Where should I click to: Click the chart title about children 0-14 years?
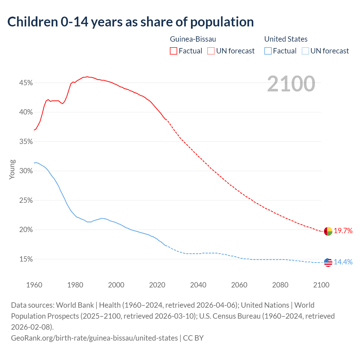[x=130, y=22]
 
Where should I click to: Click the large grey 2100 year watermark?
[x=291, y=84]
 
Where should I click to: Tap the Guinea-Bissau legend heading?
[x=193, y=39]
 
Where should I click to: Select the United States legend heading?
[x=286, y=39]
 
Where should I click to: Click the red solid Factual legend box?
[x=174, y=51]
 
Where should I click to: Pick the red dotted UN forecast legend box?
[x=211, y=51]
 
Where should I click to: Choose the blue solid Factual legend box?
[x=268, y=51]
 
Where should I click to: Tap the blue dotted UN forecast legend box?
[x=305, y=51]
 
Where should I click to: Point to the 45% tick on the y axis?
[x=26, y=83]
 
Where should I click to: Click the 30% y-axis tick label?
[x=26, y=171]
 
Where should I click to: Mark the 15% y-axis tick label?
[x=26, y=259]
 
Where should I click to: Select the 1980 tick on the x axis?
[x=75, y=285]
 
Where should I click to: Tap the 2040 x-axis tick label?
[x=198, y=285]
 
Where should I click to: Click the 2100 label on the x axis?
[x=321, y=285]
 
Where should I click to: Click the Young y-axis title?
[x=12, y=169]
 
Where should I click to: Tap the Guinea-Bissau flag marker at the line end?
[x=328, y=231]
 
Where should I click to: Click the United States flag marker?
[x=328, y=262]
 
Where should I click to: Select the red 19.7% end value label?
[x=343, y=231]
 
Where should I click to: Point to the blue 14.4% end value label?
[x=343, y=262]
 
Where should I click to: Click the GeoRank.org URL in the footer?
[x=94, y=338]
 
